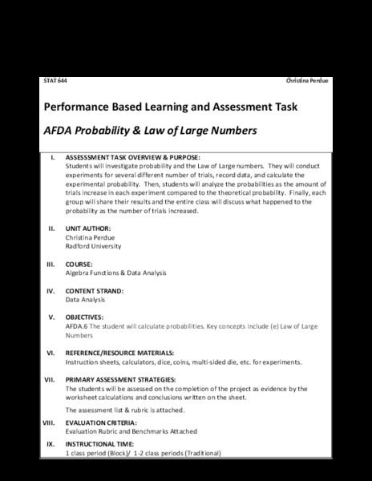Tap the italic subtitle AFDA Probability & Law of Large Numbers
[x=148, y=129]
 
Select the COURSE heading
[x=79, y=264]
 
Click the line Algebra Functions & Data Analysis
[x=115, y=273]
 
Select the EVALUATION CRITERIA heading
[x=101, y=422]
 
